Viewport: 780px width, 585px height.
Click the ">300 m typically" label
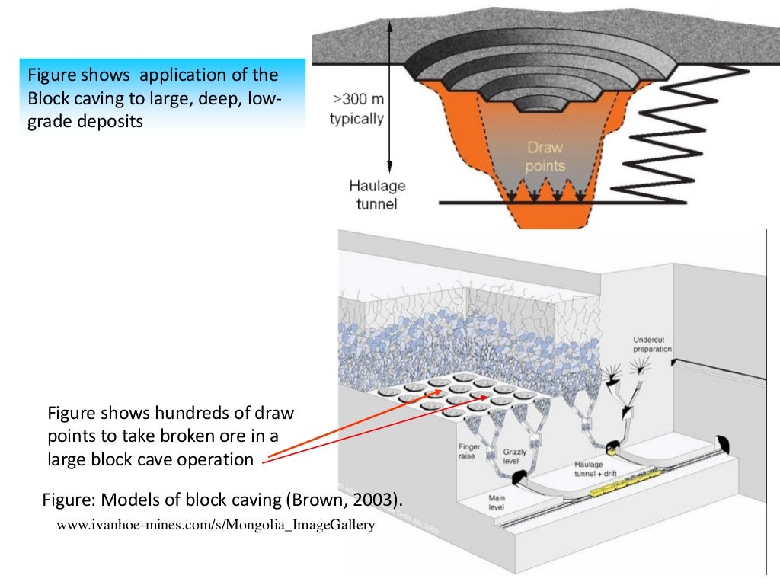coord(356,109)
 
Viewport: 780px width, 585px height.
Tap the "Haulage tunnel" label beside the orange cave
coord(377,194)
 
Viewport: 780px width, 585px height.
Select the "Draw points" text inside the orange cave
coord(545,156)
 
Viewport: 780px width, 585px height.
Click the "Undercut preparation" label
coord(653,344)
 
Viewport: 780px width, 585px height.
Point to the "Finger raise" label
coord(469,452)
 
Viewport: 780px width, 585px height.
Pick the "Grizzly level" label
coord(515,456)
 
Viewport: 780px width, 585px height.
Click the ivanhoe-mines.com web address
coord(216,525)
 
